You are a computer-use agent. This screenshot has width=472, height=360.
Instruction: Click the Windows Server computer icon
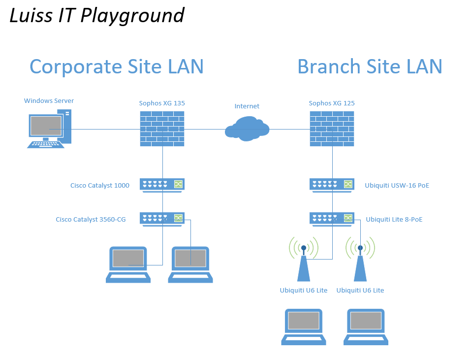coord(50,129)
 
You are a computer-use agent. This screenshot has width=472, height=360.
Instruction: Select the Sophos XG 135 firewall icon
coord(162,129)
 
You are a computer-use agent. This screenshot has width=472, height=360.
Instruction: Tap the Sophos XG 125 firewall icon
coord(332,129)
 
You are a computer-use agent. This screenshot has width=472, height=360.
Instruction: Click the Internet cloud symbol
coord(247,129)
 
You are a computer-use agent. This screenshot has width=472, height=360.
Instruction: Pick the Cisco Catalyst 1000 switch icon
coord(162,185)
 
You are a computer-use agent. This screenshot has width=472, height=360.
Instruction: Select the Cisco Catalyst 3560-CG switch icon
coord(162,219)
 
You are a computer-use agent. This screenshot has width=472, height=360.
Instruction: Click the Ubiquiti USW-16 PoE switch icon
coord(332,185)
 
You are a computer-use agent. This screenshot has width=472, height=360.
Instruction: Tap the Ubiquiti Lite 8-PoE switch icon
coord(332,219)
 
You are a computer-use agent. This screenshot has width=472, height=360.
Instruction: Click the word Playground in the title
coord(132,16)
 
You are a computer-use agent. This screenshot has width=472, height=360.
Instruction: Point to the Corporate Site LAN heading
coord(117,66)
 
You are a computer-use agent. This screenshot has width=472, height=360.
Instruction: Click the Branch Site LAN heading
coord(370,66)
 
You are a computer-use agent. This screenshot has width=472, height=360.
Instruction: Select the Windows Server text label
coord(49,100)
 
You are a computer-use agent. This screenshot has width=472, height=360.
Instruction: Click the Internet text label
coord(247,106)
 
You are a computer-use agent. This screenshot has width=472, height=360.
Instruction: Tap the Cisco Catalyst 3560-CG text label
coord(91,220)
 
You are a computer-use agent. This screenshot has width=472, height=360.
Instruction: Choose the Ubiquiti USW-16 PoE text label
coord(397,186)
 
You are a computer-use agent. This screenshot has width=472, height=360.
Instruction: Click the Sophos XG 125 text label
coord(332,103)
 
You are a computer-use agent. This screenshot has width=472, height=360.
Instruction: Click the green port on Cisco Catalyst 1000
coord(178,184)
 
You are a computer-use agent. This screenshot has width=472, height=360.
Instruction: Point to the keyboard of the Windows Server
coord(46,145)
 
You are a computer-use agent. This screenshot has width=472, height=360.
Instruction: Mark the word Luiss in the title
coord(31,15)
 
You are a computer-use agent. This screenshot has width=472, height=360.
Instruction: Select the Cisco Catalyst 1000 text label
coord(100,186)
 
